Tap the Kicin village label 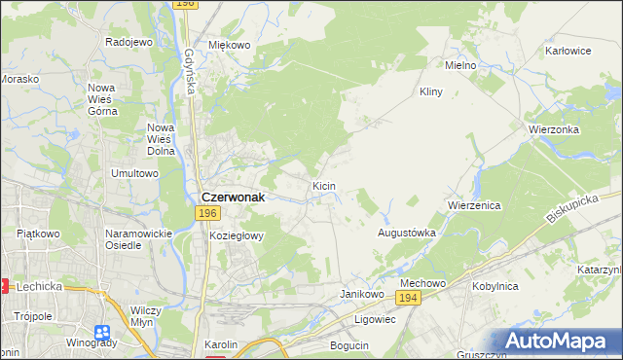(324, 185)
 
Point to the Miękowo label (230, 45)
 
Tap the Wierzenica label (474, 206)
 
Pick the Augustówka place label (406, 234)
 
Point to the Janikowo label (359, 293)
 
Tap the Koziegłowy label (237, 235)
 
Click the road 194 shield (409, 298)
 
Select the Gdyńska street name (189, 73)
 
